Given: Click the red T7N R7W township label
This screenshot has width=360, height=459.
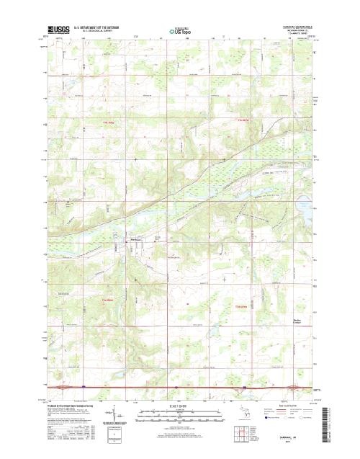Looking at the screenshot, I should click(x=241, y=121).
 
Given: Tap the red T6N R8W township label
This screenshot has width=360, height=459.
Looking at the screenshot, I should click(x=108, y=300).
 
